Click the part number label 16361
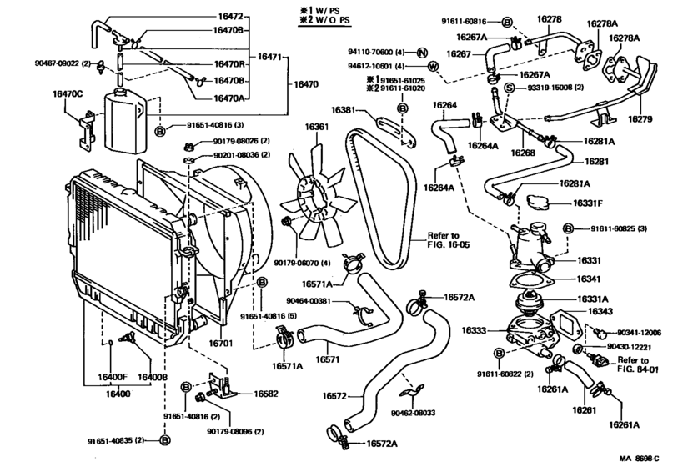click(x=317, y=128)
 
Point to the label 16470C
click(x=68, y=94)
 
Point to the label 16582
click(x=265, y=394)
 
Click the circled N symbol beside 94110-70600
click(x=422, y=52)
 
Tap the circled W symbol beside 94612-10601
click(x=433, y=66)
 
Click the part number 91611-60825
click(x=613, y=228)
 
